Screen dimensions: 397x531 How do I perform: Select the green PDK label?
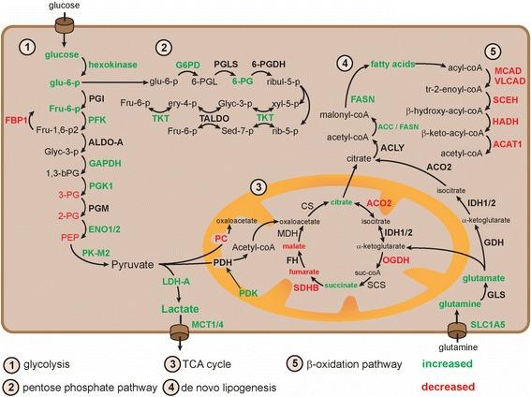pyautogui.click(x=249, y=293)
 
